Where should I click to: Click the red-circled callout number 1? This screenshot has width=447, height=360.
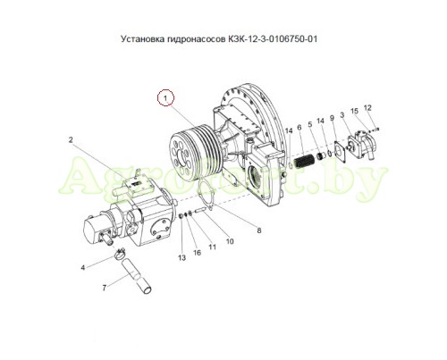[x=165, y=97]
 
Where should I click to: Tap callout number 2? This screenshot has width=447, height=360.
[x=71, y=139]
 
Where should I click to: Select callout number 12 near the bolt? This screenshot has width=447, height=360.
[x=367, y=107]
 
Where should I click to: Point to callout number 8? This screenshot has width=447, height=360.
[x=259, y=230]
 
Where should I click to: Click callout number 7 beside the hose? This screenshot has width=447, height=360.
[x=104, y=288]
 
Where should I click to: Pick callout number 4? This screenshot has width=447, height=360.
[x=83, y=268]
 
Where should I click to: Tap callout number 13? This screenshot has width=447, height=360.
[x=182, y=258]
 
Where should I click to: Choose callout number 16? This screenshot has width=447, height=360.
[x=198, y=253]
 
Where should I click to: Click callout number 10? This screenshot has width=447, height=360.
[x=230, y=241]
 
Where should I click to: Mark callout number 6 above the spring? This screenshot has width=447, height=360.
[x=299, y=128]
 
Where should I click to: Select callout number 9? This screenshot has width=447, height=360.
[x=332, y=118]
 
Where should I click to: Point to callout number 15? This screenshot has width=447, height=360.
[x=354, y=112]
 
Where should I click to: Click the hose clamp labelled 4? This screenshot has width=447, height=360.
[x=120, y=254]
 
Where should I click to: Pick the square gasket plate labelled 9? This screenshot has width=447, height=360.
[x=340, y=153]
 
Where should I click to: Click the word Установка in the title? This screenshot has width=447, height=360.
[x=142, y=39]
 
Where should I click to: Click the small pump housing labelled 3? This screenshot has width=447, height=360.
[x=363, y=146]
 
